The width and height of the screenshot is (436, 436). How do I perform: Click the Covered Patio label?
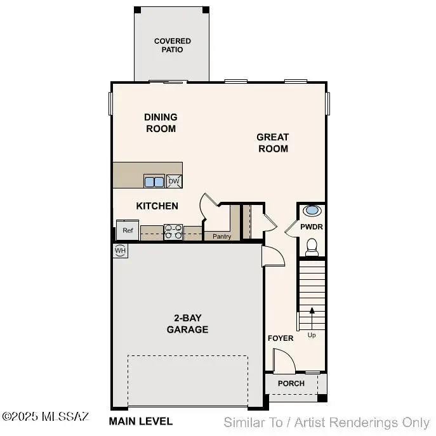click(x=172, y=45)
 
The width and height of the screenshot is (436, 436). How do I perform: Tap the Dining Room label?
click(x=161, y=122)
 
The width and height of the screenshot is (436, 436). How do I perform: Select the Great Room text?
click(x=272, y=143)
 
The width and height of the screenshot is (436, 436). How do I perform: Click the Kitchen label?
click(x=157, y=206)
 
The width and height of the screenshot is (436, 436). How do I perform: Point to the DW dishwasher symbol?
click(x=174, y=182)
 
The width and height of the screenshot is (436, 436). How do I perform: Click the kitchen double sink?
click(x=154, y=182)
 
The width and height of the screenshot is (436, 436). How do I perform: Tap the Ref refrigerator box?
click(x=128, y=230)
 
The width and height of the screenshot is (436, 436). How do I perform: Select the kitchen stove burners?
click(x=173, y=232)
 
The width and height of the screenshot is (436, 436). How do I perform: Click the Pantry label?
click(x=221, y=237)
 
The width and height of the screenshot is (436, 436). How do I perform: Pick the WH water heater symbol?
click(x=119, y=251)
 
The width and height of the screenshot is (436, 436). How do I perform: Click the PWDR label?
click(x=312, y=226)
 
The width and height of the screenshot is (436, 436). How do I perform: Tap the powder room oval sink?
click(x=312, y=211)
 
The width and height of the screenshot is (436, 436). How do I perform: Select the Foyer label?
click(x=280, y=338)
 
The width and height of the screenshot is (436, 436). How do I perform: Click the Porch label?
click(x=291, y=383)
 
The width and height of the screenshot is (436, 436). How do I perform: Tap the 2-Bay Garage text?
click(x=187, y=324)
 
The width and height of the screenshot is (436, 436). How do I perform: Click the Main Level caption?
click(x=140, y=421)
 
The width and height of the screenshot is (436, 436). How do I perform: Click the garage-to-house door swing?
click(x=274, y=256)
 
